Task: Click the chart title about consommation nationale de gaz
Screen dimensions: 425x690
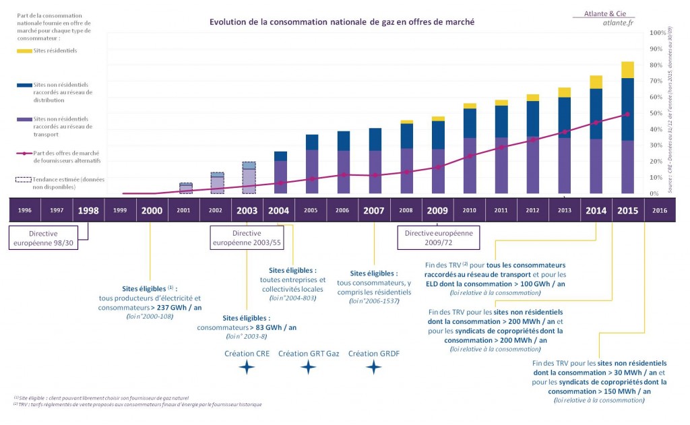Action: (x=342, y=22)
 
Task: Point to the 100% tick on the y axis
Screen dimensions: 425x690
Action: (x=658, y=32)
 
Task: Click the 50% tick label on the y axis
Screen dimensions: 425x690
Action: (x=658, y=113)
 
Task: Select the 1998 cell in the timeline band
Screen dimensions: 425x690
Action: (x=88, y=210)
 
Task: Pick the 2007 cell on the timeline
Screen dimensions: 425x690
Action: (x=374, y=210)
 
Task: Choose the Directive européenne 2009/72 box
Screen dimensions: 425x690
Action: (x=436, y=238)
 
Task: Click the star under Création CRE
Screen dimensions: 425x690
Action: (x=247, y=367)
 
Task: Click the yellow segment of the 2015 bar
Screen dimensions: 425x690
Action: (x=628, y=69)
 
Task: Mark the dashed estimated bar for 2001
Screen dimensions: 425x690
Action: (x=185, y=188)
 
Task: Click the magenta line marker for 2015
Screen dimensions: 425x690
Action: (x=628, y=114)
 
